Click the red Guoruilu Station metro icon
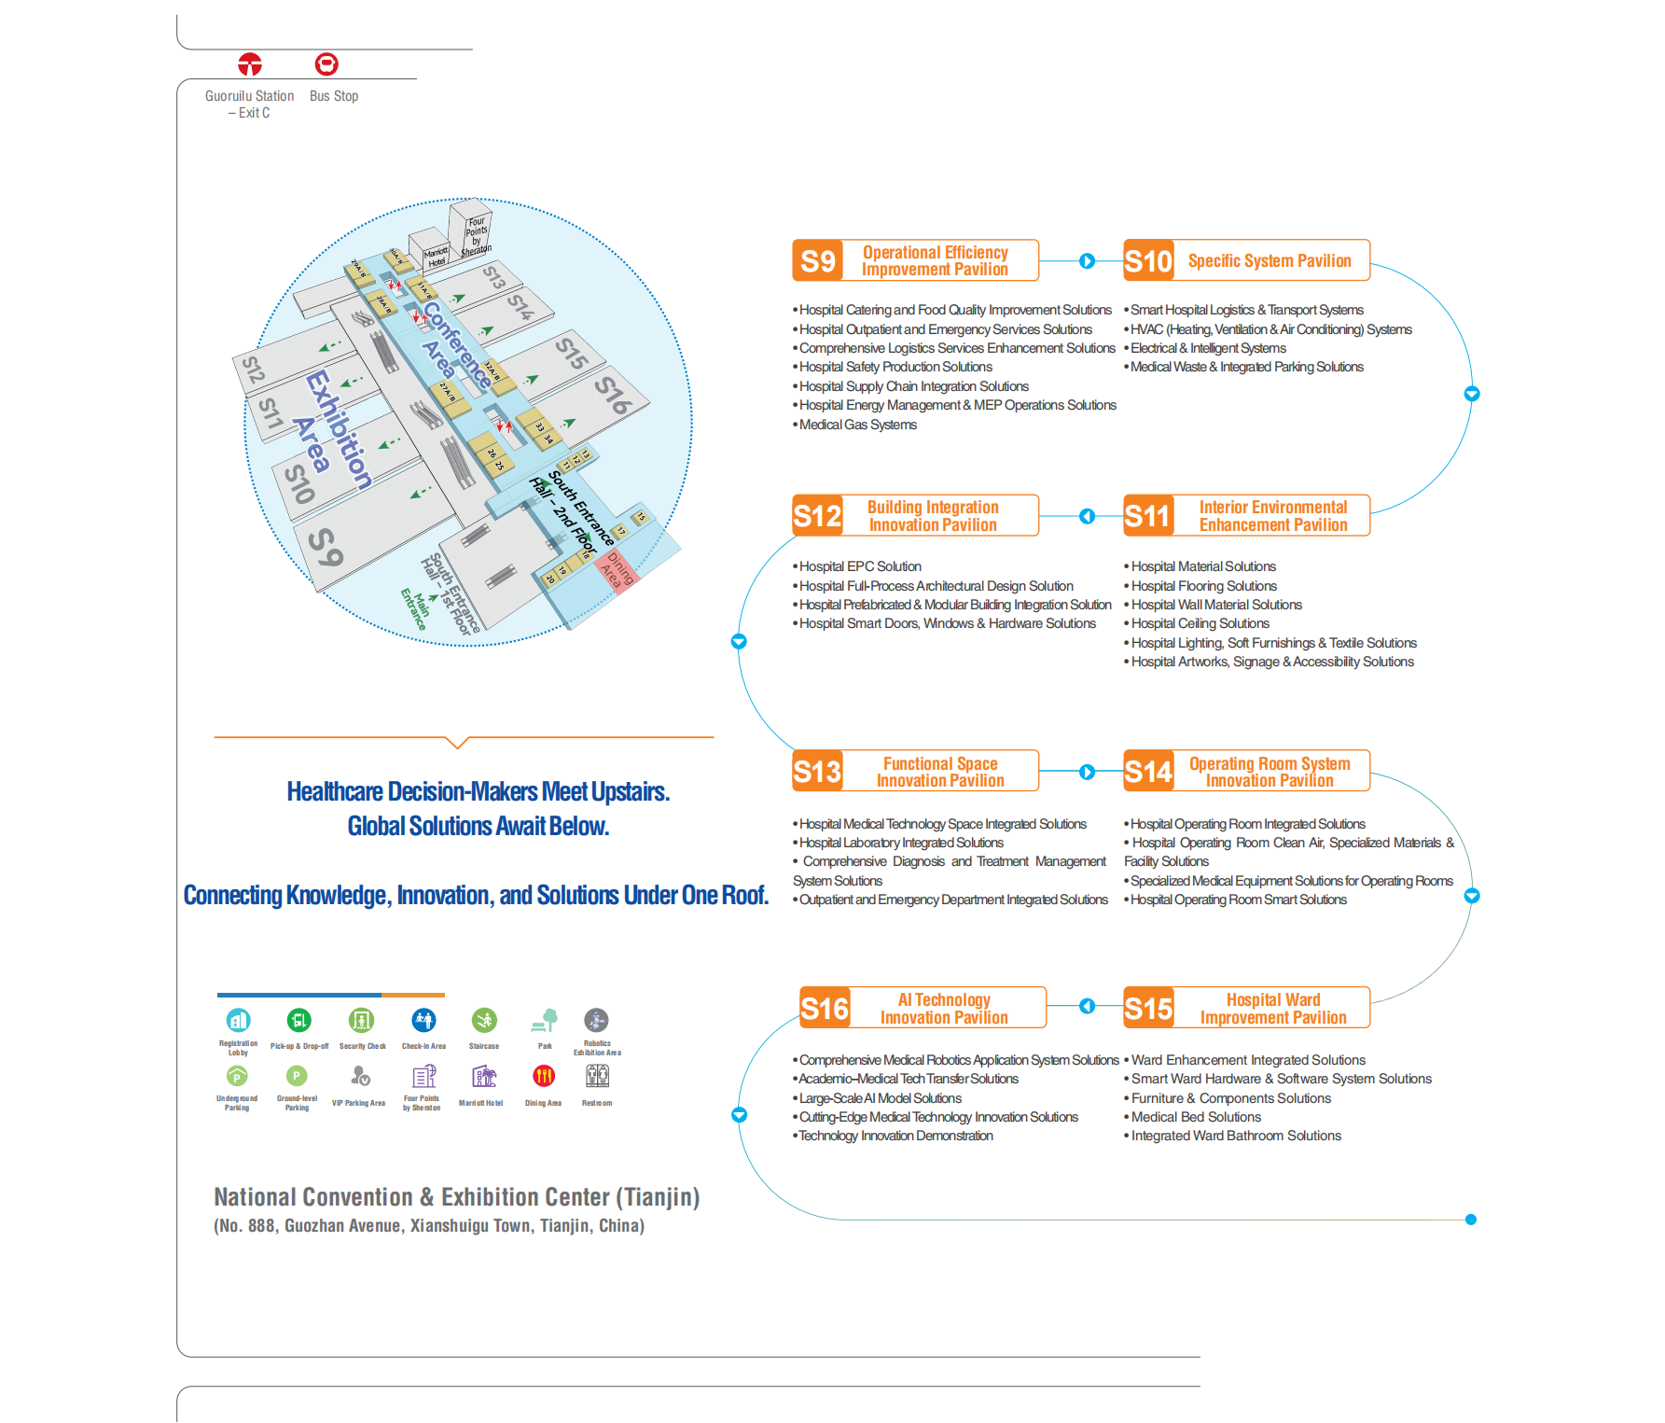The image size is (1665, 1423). tap(250, 64)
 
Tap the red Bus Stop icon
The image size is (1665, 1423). tap(326, 64)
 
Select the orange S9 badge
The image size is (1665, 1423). tap(817, 260)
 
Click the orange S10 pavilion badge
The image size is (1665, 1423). tap(1148, 260)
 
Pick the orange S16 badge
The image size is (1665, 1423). tap(825, 1008)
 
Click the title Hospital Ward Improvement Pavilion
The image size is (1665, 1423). tap(1272, 1008)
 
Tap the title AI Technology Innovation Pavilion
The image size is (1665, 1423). tap(944, 1008)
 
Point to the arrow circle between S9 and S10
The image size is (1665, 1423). tap(1087, 261)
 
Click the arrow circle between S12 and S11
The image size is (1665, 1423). tap(1087, 516)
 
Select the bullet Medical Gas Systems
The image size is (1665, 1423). tap(857, 425)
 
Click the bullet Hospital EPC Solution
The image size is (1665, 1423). tap(860, 566)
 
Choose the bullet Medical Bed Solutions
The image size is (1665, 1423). tap(1196, 1117)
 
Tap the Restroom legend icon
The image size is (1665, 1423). tap(597, 1077)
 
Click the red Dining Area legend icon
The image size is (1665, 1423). tap(544, 1077)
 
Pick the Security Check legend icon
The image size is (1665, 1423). tap(361, 1020)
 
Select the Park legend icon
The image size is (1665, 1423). tap(545, 1020)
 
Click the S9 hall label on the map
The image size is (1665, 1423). tap(326, 547)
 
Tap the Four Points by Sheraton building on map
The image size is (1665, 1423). tap(473, 230)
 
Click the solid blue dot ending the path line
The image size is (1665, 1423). tap(1471, 1220)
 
